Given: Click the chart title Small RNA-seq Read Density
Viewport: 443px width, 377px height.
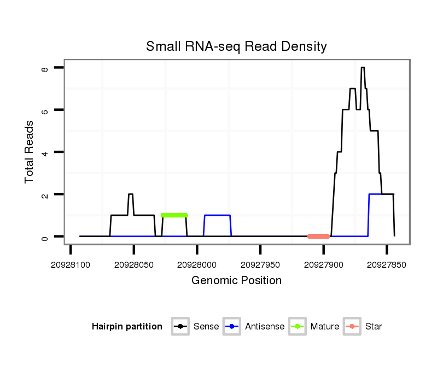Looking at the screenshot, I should coord(236,46).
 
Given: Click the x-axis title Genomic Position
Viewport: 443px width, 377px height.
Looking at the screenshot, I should coord(236,281).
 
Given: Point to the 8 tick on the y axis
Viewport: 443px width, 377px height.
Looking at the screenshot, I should coord(45,68).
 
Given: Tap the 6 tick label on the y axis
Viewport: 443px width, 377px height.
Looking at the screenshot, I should coord(45,110).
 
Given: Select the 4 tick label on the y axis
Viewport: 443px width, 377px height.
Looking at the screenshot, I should coord(45,152).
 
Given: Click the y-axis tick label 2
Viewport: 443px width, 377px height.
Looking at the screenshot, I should coord(45,195).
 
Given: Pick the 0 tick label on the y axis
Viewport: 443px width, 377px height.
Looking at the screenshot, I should coord(45,237).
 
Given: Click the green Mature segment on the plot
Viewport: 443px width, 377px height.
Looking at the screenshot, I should coord(174,215).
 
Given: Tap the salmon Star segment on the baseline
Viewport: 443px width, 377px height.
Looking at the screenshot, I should coord(318,237).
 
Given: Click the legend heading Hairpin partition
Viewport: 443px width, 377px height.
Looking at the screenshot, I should coord(127,327).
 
